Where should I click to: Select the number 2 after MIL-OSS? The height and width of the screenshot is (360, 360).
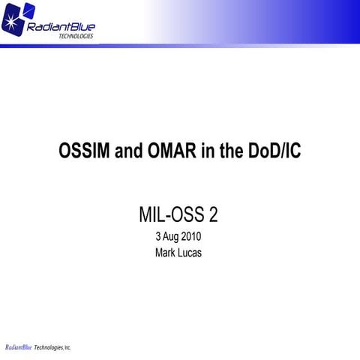(214, 215)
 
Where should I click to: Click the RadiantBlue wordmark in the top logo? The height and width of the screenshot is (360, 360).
(60, 28)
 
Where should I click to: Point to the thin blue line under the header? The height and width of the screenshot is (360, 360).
(225, 45)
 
